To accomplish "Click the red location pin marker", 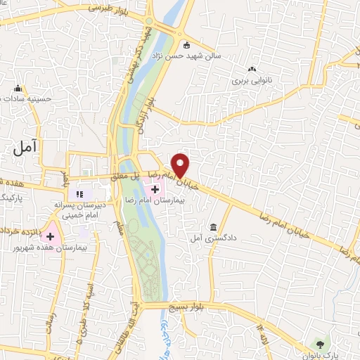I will pyautogui.click(x=181, y=165).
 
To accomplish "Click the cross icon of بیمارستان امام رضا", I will pyautogui.click(x=155, y=189).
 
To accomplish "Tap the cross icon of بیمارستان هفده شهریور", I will pyautogui.click(x=50, y=236).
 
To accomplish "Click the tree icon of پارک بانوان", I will pyautogui.click(x=321, y=343).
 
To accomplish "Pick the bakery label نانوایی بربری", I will pyautogui.click(x=252, y=81).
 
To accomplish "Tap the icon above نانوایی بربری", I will pyautogui.click(x=252, y=69).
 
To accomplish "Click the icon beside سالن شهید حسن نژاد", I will pyautogui.click(x=186, y=46).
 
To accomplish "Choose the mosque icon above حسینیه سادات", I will pyautogui.click(x=19, y=88).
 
